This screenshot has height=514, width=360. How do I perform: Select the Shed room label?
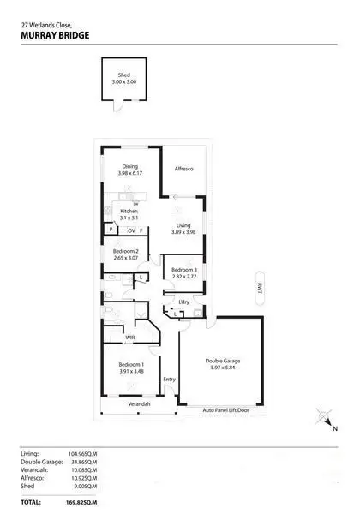[x=124, y=75]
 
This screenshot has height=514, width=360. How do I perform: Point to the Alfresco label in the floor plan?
[x=184, y=170]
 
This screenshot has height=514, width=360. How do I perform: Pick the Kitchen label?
[x=129, y=211]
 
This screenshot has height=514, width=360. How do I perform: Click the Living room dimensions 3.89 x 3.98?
[x=183, y=232]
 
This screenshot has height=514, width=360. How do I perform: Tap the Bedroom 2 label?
[x=125, y=251]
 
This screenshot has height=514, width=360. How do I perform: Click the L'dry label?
[x=183, y=301]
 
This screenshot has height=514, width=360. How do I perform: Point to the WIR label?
[x=130, y=338]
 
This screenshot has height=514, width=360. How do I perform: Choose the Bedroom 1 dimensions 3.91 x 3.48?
[x=130, y=371]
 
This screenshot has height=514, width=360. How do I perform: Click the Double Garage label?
[x=221, y=360]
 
